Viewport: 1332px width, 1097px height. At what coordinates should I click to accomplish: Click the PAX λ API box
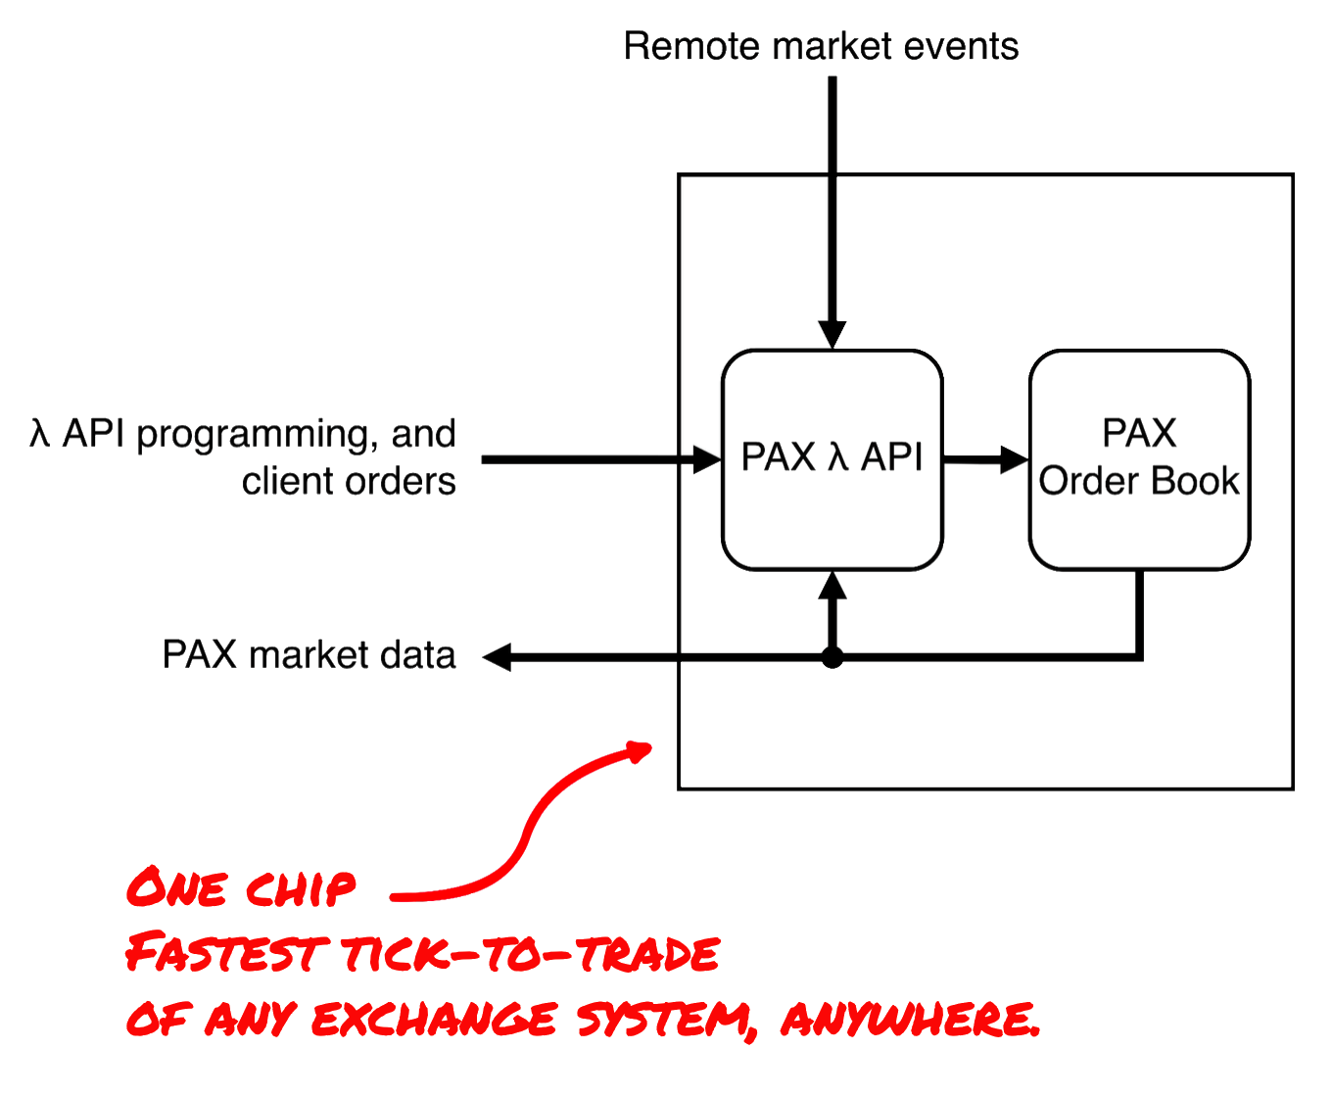(831, 458)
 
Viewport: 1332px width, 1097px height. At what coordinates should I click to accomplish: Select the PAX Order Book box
(1138, 458)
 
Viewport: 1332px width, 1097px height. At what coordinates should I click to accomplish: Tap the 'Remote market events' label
(821, 46)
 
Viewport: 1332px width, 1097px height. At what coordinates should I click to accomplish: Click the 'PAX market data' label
(309, 654)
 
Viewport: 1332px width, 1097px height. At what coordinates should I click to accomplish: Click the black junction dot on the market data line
(832, 659)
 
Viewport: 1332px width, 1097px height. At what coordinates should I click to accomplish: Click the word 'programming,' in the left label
(258, 435)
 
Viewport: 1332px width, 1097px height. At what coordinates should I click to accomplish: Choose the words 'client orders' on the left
(349, 481)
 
